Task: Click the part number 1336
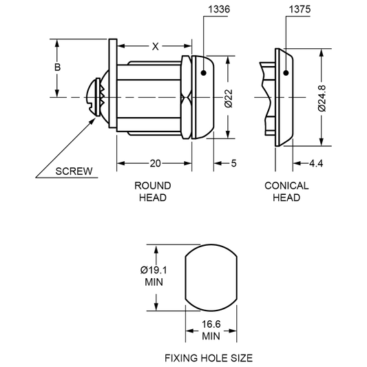pyautogui.click(x=219, y=10)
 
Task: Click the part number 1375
pyautogui.click(x=300, y=10)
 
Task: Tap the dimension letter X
pyautogui.click(x=155, y=47)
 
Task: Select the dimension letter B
pyautogui.click(x=57, y=67)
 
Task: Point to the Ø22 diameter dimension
pyautogui.click(x=229, y=98)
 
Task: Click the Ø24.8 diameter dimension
pyautogui.click(x=322, y=98)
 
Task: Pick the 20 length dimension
pyautogui.click(x=155, y=163)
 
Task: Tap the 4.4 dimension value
pyautogui.click(x=316, y=163)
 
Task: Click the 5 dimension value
pyautogui.click(x=234, y=163)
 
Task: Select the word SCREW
pyautogui.click(x=74, y=171)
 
